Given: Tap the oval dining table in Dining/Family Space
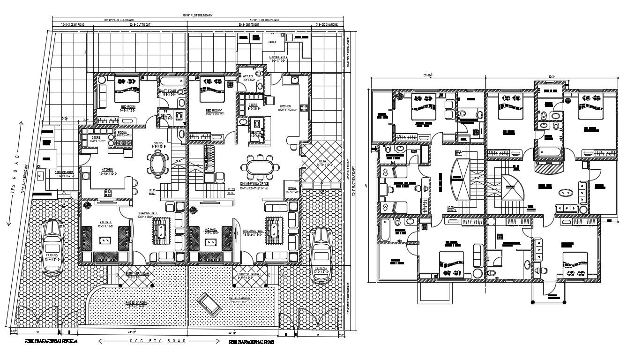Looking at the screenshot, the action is (x=259, y=167).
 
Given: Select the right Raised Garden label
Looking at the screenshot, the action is (x=239, y=298).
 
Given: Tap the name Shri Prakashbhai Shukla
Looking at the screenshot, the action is (x=51, y=342).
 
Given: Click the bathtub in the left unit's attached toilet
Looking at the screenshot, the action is (x=168, y=82).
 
